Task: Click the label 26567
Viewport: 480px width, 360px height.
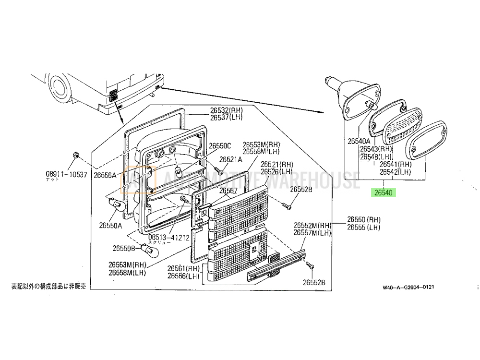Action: point(228,190)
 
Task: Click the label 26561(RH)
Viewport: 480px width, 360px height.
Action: point(183,268)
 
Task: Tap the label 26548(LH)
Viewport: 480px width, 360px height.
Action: point(377,156)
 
